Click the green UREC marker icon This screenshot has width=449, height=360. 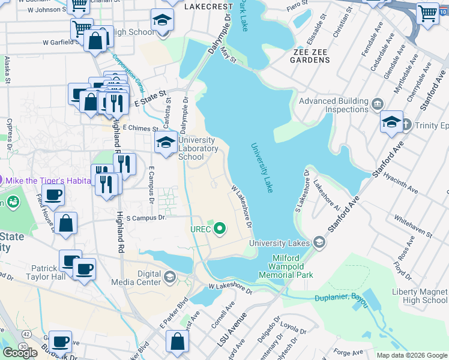[220, 228]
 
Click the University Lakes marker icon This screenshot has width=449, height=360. [319, 242]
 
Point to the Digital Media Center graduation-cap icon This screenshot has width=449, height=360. [170, 277]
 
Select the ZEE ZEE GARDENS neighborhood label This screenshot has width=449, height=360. [310, 52]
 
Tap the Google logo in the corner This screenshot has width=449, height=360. [20, 353]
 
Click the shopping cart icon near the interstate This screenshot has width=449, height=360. [427, 13]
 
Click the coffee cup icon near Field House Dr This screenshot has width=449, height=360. [53, 196]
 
